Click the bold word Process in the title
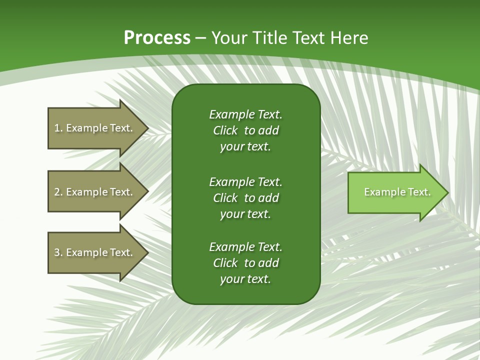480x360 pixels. coord(157,38)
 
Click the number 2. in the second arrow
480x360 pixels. coord(58,192)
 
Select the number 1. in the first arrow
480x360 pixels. coord(58,128)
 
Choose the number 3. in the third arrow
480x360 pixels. coord(58,252)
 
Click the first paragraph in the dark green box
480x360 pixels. coord(245,130)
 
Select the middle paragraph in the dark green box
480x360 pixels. coord(245,197)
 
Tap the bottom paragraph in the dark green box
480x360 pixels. coord(245,263)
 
